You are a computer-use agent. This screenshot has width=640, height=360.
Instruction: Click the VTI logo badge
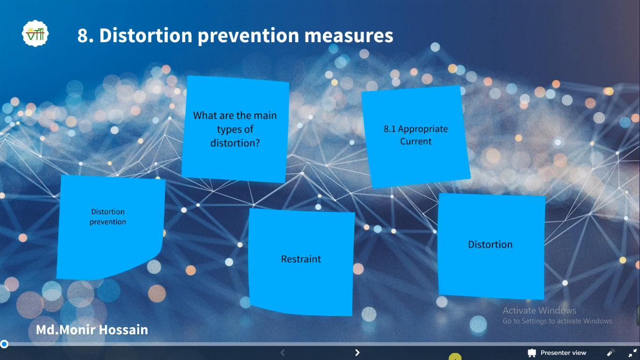point(35,33)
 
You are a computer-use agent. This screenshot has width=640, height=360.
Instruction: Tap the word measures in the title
point(349,36)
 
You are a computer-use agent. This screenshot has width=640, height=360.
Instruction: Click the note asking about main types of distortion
point(235,129)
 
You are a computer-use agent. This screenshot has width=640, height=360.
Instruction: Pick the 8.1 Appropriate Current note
point(416,137)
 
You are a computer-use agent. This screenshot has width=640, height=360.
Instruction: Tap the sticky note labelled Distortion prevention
point(111,227)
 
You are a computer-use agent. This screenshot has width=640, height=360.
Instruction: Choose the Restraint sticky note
point(301,262)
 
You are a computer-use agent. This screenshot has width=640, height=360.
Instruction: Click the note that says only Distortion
point(491,246)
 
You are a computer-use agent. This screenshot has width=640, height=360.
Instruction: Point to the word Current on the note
point(416,141)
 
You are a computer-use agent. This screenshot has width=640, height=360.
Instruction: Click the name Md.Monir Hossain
point(92,330)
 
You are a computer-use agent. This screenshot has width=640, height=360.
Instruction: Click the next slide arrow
point(357,352)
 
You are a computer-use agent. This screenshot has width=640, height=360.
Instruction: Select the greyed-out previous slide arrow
point(283,352)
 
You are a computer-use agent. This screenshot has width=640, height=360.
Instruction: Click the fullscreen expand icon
point(633,352)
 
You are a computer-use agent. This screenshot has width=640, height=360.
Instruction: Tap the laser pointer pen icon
point(610,352)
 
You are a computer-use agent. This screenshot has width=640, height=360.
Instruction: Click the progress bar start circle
point(4,344)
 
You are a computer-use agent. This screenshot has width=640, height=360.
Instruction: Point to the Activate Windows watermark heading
point(539,310)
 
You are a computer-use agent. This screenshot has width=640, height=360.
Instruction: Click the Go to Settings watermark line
point(558,321)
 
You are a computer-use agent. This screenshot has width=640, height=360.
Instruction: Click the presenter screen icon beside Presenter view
point(532,353)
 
